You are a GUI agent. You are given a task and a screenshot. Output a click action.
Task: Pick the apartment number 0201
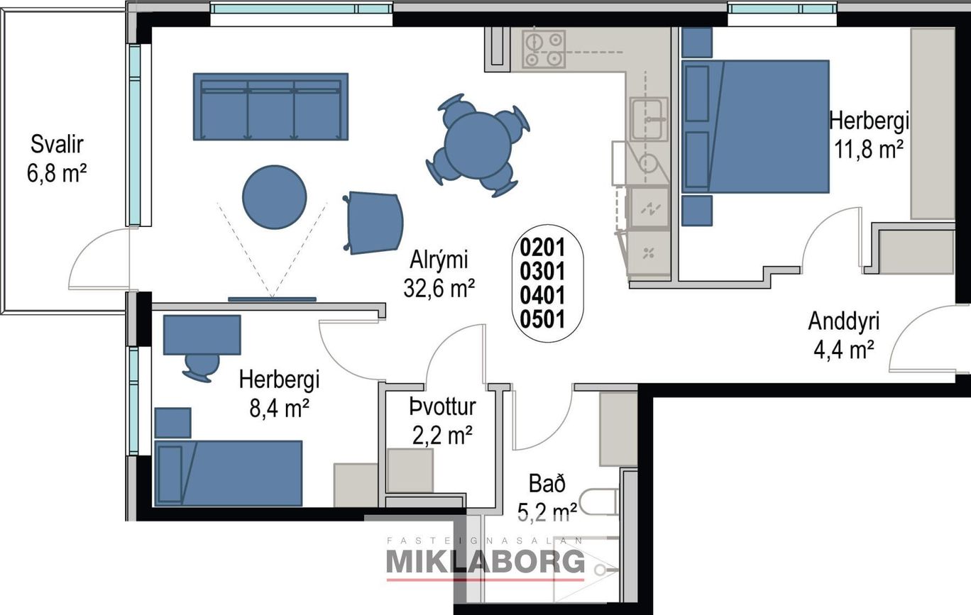pos(542,248)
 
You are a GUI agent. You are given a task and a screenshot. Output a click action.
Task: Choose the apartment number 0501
pos(542,320)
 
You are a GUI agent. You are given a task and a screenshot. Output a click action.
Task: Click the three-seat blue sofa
pos(270,106)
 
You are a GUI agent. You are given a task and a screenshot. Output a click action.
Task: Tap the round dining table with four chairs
pos(478,145)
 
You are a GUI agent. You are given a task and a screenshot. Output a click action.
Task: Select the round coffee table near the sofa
pos(275,197)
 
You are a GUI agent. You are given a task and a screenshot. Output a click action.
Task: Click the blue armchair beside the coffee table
pos(373,223)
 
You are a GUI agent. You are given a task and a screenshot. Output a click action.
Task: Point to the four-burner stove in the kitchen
pos(544,49)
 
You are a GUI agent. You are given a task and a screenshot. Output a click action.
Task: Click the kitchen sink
pos(648,119)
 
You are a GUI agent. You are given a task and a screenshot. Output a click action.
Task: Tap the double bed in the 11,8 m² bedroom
pos(755,126)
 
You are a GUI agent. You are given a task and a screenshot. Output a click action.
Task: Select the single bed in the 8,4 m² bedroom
pos(228,473)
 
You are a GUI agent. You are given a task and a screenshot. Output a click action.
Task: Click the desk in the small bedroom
pos(202,335)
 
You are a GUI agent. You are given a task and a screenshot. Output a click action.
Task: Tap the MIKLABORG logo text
pos(485,563)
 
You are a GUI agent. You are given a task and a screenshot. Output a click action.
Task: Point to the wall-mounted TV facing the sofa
pos(273,299)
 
